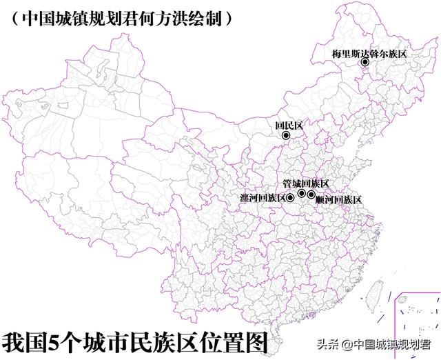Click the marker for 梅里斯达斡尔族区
(365, 63)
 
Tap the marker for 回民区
(286, 136)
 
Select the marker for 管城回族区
(302, 193)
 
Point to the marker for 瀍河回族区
(290, 198)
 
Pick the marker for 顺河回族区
(311, 195)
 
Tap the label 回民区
(289, 126)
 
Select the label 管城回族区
(306, 183)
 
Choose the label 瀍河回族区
(263, 199)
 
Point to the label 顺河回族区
(338, 199)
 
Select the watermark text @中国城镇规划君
(386, 344)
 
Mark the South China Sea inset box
(418, 324)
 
